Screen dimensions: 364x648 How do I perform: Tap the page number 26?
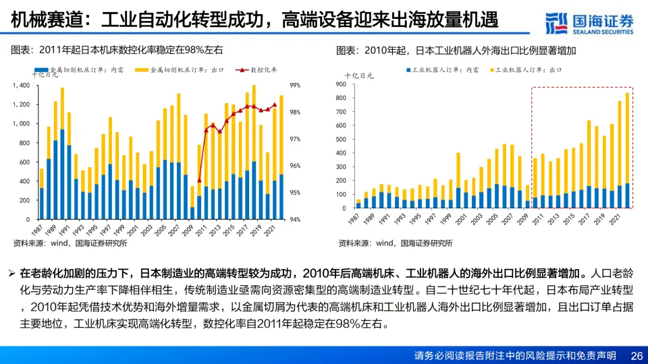pos(636,355)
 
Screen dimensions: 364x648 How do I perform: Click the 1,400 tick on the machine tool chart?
pos(22,86)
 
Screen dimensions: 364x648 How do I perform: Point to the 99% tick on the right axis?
pos(296,86)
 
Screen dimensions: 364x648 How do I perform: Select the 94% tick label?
pos(296,219)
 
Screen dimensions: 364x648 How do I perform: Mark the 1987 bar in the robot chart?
pos(358,203)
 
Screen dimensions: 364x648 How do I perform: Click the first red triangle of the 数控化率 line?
pos(199,181)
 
